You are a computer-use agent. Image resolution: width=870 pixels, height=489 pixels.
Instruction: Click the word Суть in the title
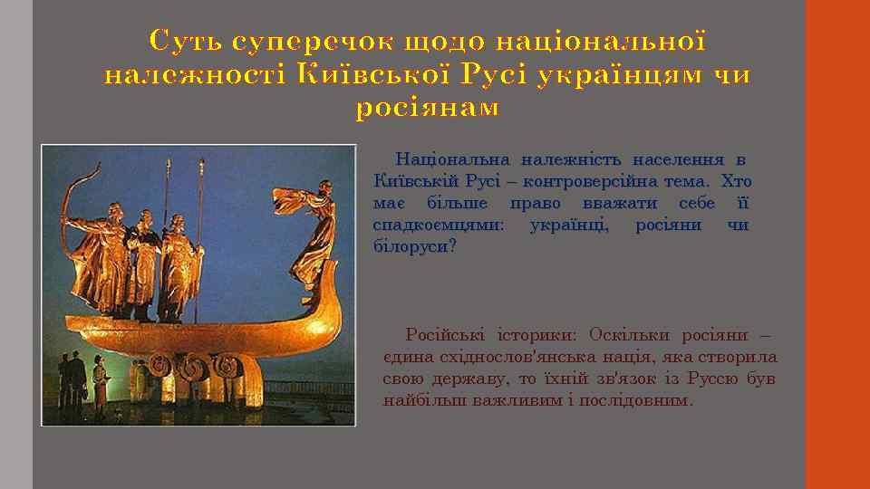(186, 42)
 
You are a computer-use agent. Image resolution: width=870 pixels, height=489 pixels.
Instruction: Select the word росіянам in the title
(427, 108)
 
